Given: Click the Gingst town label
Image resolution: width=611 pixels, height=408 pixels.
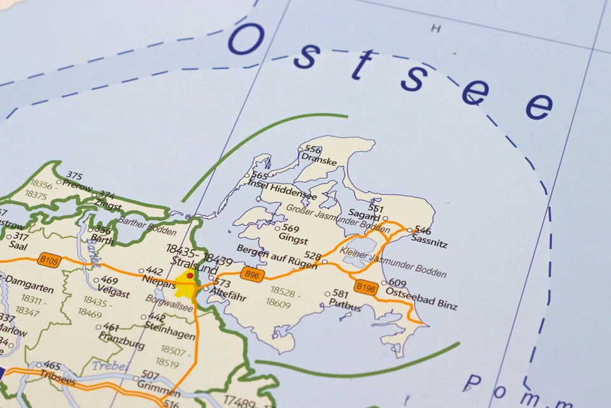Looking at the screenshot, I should pos(293,240).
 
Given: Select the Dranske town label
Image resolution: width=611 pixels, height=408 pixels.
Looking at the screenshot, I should pos(319,161).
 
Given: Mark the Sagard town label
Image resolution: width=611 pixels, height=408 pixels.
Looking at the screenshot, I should pos(364,218).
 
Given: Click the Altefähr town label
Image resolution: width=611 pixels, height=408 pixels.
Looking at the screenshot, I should pos(227,293).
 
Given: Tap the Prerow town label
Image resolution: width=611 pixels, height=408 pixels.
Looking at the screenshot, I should pos(77,186).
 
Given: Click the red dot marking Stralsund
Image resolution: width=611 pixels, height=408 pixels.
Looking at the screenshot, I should pos(190,276).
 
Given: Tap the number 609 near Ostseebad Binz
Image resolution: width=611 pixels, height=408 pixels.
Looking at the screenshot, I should pos(397,283).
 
